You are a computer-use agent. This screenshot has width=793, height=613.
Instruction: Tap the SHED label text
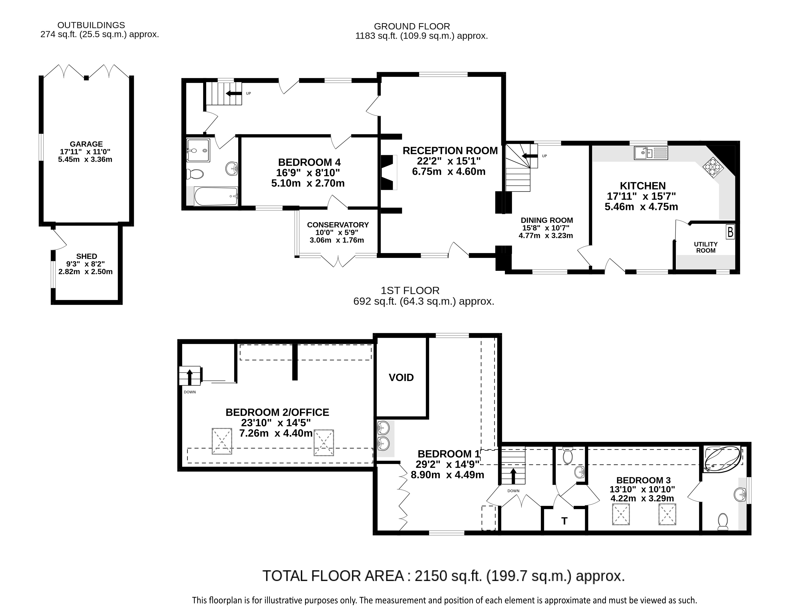point(86,256)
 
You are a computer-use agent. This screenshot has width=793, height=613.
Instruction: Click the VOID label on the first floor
point(401,378)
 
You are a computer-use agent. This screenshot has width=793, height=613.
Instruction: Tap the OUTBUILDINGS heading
point(91,25)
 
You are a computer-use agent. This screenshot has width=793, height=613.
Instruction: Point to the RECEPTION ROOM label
point(450,151)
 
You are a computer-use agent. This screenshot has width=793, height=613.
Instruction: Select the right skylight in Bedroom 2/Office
point(324,443)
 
